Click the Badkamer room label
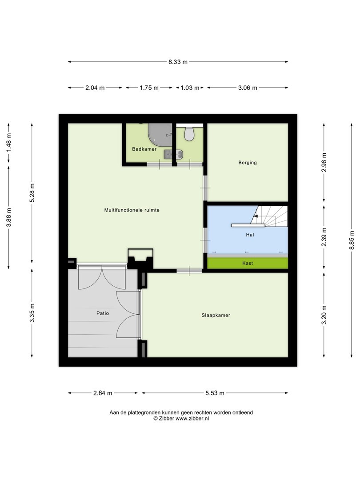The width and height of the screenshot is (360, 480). pyautogui.click(x=144, y=149)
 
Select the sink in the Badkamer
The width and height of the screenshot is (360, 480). pyautogui.click(x=173, y=155)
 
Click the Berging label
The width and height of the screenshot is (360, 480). pyautogui.click(x=248, y=163)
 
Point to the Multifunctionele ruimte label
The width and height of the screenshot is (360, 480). pyautogui.click(x=132, y=210)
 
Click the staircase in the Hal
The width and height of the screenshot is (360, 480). pyautogui.click(x=269, y=216)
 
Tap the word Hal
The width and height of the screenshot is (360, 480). pyautogui.click(x=250, y=235)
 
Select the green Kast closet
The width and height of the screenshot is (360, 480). pyautogui.click(x=248, y=263)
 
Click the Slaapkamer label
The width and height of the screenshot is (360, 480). pyautogui.click(x=216, y=315)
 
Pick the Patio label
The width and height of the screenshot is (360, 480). pyautogui.click(x=103, y=313)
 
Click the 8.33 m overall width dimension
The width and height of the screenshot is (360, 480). pyautogui.click(x=178, y=62)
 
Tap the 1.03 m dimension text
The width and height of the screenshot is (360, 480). pyautogui.click(x=190, y=88)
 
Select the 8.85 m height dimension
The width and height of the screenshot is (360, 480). pyautogui.click(x=352, y=240)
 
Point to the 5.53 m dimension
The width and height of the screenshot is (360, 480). pyautogui.click(x=215, y=393)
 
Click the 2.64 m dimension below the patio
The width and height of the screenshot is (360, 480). pyautogui.click(x=103, y=393)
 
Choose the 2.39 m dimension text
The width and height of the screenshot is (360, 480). pyautogui.click(x=324, y=237)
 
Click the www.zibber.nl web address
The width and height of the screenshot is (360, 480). pyautogui.click(x=192, y=419)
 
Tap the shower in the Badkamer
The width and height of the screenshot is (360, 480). pyautogui.click(x=160, y=134)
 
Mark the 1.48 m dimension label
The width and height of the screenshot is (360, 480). pyautogui.click(x=9, y=143)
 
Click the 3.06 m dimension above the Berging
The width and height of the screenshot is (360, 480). pyautogui.click(x=248, y=88)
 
